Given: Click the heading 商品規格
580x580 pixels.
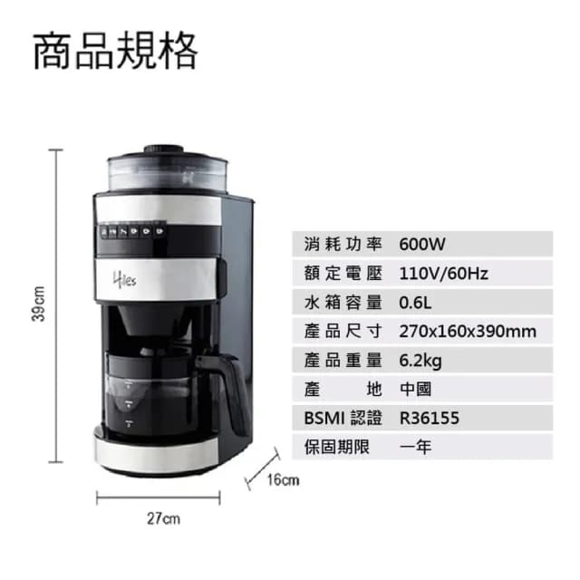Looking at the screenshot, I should coord(115,51).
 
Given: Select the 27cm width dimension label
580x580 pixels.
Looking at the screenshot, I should coord(162,519).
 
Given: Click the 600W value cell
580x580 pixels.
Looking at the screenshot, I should coord(423,244).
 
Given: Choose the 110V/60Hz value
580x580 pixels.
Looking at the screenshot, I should coord(444,273).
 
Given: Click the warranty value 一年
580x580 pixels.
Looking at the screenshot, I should coord(416,447).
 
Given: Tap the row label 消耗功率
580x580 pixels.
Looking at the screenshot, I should coord(340,244).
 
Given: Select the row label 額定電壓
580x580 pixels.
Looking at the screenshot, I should coord(340,273).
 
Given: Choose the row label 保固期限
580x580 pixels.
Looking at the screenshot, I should coord(340,447).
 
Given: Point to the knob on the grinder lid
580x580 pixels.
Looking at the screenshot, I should coord(161,147).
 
